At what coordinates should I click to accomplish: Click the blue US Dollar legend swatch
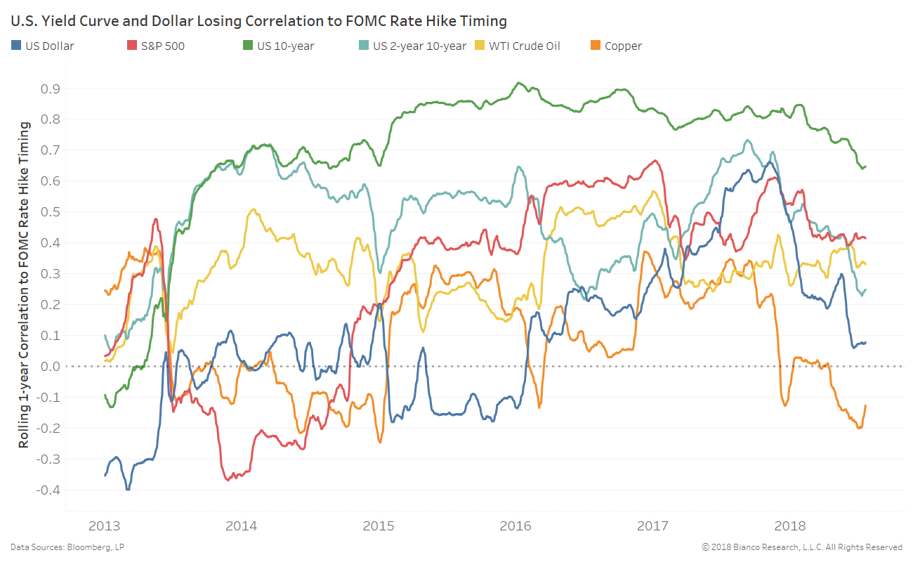(16, 46)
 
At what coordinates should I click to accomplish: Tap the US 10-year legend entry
(285, 46)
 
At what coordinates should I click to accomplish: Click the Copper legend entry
(622, 46)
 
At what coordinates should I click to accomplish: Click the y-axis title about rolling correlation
(25, 285)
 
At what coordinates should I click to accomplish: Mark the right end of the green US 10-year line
(866, 166)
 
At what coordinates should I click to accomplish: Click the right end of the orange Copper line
(866, 405)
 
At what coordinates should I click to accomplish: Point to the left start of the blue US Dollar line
(105, 476)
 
